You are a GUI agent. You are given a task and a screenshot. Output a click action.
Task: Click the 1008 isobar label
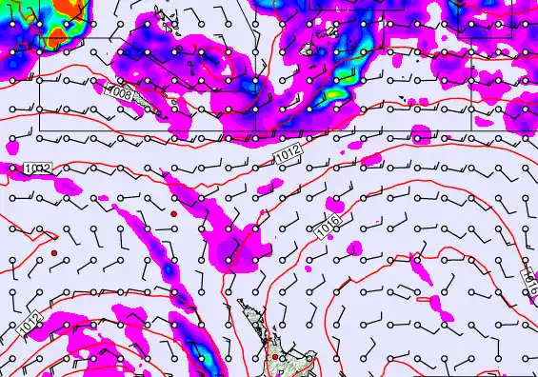click(x=121, y=93)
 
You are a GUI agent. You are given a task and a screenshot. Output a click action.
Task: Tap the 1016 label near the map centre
click(x=329, y=226)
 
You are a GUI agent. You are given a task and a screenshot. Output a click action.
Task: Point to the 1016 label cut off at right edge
click(x=531, y=277)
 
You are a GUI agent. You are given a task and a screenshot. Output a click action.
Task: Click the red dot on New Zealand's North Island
click(x=275, y=357)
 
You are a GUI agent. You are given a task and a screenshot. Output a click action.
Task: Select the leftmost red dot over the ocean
click(x=55, y=252)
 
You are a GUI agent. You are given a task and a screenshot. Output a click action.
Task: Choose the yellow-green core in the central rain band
click(x=335, y=94)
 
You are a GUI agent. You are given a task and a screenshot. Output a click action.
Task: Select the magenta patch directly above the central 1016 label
click(x=334, y=205)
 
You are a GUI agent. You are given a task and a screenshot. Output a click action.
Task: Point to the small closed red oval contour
click(x=438, y=304)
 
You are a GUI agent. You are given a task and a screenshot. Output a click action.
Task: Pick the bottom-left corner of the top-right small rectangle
click(x=459, y=37)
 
